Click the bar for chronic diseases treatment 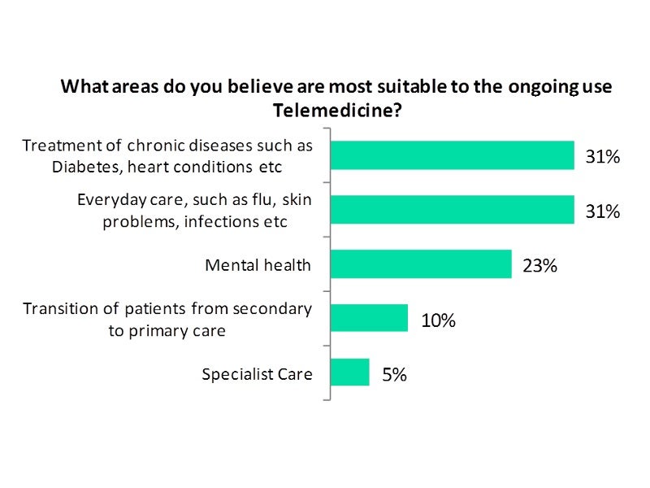tap(452, 155)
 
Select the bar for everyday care tap(452, 210)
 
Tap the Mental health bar tap(421, 264)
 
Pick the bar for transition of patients tap(369, 318)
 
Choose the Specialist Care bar tap(349, 373)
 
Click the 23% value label tap(539, 265)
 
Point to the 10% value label tap(438, 320)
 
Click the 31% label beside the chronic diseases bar tap(603, 157)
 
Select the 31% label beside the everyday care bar tap(603, 211)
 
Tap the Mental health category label tap(258, 265)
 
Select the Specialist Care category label tap(257, 374)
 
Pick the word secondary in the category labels tap(272, 309)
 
